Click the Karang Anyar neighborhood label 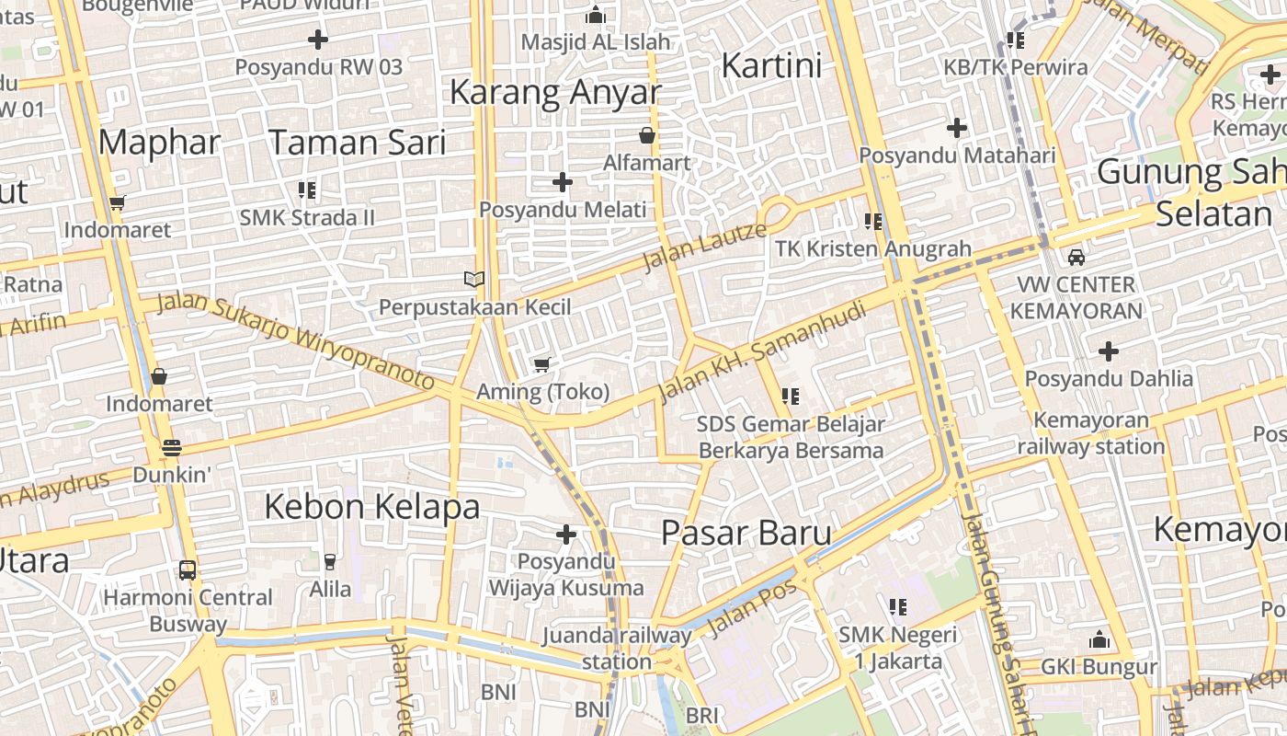click(554, 92)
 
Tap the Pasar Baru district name click(746, 533)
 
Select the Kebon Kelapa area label click(372, 506)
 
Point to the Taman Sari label click(357, 143)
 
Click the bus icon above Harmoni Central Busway click(188, 569)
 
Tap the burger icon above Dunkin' click(172, 448)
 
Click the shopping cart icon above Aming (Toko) click(542, 365)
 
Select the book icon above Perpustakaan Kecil click(474, 279)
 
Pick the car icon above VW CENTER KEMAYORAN click(1076, 258)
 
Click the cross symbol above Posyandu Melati click(563, 182)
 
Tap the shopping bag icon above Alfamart click(647, 135)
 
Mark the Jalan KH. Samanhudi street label click(762, 352)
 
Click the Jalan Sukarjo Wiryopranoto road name click(295, 340)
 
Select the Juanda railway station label click(616, 648)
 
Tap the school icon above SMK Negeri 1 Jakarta click(898, 607)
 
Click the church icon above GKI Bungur click(1099, 639)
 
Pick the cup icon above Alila click(330, 561)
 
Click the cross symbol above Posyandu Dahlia click(1109, 351)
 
